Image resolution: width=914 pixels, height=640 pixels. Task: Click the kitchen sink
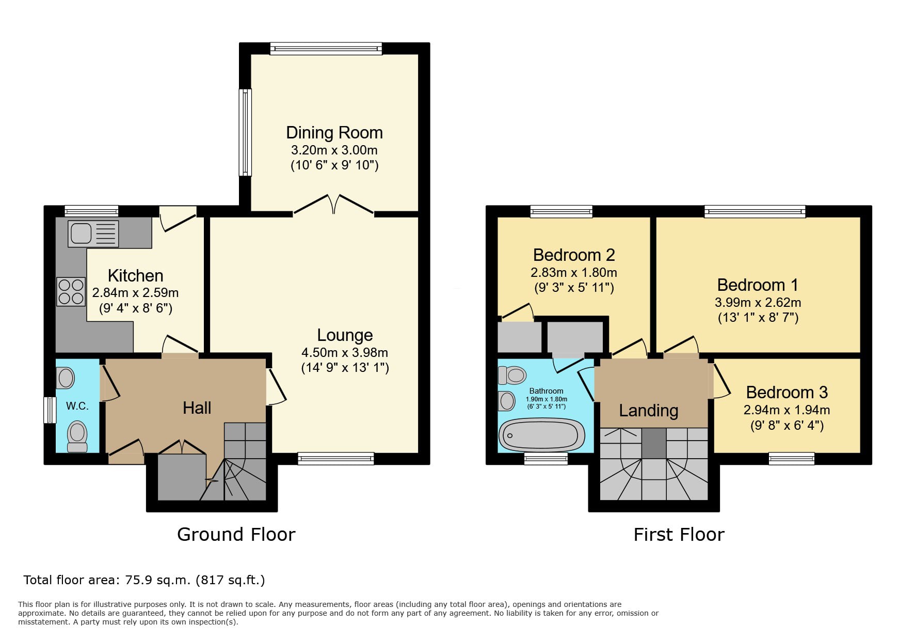(93, 233)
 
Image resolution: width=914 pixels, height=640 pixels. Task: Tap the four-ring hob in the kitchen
(71, 292)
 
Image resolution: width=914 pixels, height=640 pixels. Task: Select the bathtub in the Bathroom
(541, 435)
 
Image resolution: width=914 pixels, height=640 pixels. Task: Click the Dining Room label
(334, 133)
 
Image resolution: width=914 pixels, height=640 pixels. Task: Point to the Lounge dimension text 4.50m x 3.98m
(345, 353)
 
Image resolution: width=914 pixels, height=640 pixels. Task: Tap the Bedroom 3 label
(787, 393)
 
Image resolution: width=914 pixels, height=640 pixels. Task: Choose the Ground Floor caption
(236, 535)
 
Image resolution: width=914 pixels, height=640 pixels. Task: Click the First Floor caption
(679, 535)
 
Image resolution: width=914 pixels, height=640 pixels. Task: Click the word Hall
(197, 408)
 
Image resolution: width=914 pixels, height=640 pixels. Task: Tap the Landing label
(649, 411)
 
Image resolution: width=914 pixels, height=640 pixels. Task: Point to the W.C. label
(77, 406)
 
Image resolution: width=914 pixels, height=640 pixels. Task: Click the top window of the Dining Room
(326, 49)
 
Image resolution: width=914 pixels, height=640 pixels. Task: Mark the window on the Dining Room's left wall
(245, 132)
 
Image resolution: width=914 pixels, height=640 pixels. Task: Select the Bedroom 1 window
(755, 211)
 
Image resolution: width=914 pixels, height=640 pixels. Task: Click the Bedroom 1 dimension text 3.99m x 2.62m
(758, 303)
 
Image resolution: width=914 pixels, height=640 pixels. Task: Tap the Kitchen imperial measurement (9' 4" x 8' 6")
(136, 308)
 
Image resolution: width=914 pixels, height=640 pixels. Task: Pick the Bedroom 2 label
(574, 255)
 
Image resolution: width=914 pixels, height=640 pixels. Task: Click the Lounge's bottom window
(336, 458)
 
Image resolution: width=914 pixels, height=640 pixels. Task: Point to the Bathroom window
(546, 458)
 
